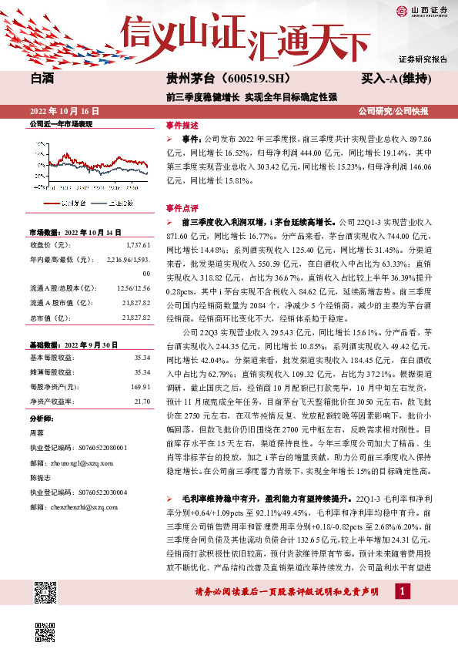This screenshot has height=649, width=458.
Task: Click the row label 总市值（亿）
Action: click(x=51, y=318)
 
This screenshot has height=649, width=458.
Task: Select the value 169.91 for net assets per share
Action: click(x=139, y=385)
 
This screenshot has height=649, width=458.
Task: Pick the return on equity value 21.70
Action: click(x=141, y=402)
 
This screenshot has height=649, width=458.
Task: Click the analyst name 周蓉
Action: click(x=36, y=434)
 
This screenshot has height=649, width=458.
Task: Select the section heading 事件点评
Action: click(x=182, y=207)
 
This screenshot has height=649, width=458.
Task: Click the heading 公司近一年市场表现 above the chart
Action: click(x=60, y=123)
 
